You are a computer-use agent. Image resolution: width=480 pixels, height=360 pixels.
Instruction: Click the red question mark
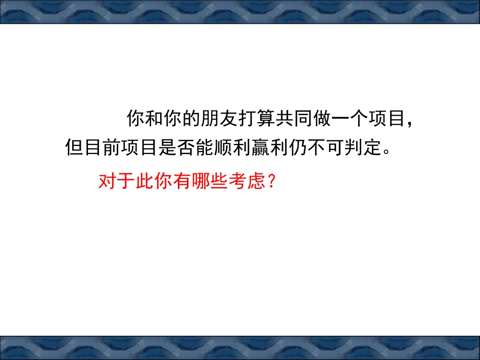[x=269, y=180]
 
